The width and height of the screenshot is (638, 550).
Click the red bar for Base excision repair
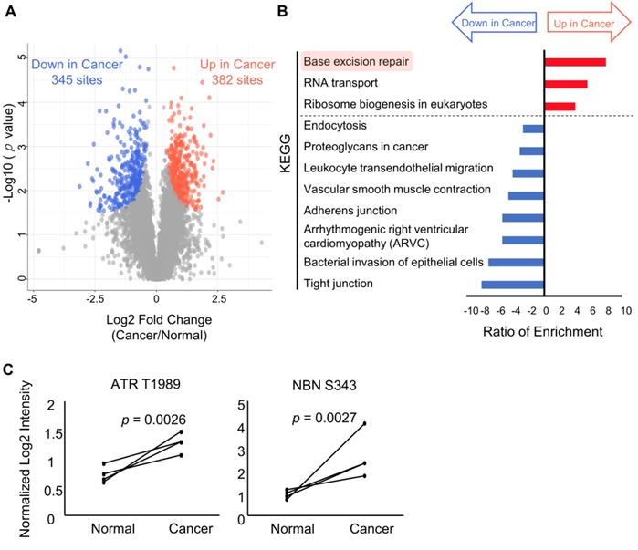pos(575,62)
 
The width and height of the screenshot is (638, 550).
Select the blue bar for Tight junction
pos(513,284)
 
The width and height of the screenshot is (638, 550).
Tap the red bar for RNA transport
pos(566,84)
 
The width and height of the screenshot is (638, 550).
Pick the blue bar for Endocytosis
pos(533,129)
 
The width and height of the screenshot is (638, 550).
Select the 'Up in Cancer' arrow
pos(585,21)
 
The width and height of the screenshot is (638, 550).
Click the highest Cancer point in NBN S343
pos(365,423)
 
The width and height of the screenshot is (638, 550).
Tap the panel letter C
pos(8,370)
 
